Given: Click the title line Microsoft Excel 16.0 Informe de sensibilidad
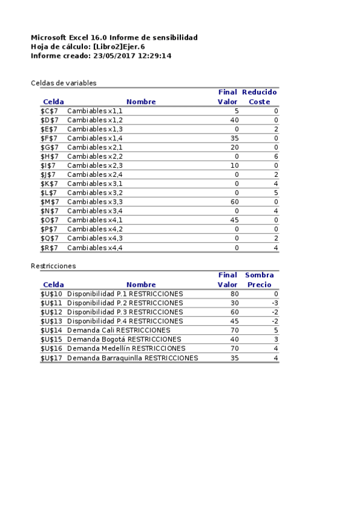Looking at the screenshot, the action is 114,37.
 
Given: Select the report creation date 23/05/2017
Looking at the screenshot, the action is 113,55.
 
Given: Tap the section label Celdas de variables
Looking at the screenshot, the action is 64,83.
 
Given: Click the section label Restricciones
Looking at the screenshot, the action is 53,266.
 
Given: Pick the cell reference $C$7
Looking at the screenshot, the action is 49,111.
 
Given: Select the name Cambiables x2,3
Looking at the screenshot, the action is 95,165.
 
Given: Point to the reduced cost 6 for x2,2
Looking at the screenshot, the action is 275,156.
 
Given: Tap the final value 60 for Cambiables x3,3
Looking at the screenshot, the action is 234,202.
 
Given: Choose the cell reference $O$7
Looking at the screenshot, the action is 49,220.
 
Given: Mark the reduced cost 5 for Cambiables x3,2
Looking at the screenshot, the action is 275,193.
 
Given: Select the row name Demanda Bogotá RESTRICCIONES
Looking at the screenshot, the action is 124,339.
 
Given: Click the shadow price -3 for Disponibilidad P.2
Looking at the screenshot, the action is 274,303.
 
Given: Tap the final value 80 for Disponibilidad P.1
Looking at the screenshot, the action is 234,294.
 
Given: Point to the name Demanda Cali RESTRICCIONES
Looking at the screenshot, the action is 118,330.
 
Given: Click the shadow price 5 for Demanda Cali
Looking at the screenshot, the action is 275,330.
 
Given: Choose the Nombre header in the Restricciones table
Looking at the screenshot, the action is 141,284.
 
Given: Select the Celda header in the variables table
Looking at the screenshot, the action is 53,102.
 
